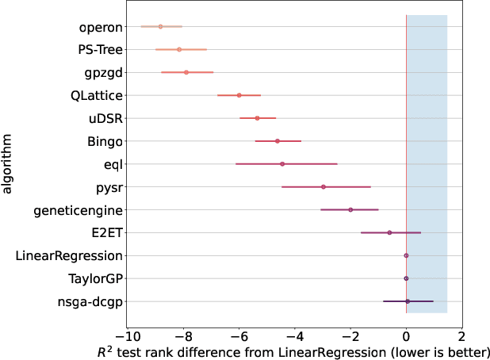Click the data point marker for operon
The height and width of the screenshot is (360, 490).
tap(160, 26)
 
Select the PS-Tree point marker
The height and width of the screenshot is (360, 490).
tap(179, 49)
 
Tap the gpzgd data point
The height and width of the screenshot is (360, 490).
tap(186, 72)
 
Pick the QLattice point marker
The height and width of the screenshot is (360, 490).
tap(239, 95)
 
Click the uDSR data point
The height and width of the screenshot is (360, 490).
tap(257, 118)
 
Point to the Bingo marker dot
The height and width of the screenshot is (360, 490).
tap(277, 140)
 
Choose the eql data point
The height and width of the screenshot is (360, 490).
tap(282, 164)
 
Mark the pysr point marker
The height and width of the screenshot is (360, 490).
tap(323, 187)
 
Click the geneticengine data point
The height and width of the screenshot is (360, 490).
tap(350, 210)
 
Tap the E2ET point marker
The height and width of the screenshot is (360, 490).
tap(389, 232)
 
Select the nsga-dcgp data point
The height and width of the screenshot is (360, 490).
tap(408, 301)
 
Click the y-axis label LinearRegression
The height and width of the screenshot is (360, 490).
tap(70, 256)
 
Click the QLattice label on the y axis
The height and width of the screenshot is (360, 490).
tap(96, 96)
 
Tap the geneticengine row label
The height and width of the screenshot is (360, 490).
tap(78, 211)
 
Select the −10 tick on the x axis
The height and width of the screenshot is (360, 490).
tap(127, 335)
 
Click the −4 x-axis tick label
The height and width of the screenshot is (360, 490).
tap(293, 335)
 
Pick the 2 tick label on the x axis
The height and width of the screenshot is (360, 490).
tap(461, 335)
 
